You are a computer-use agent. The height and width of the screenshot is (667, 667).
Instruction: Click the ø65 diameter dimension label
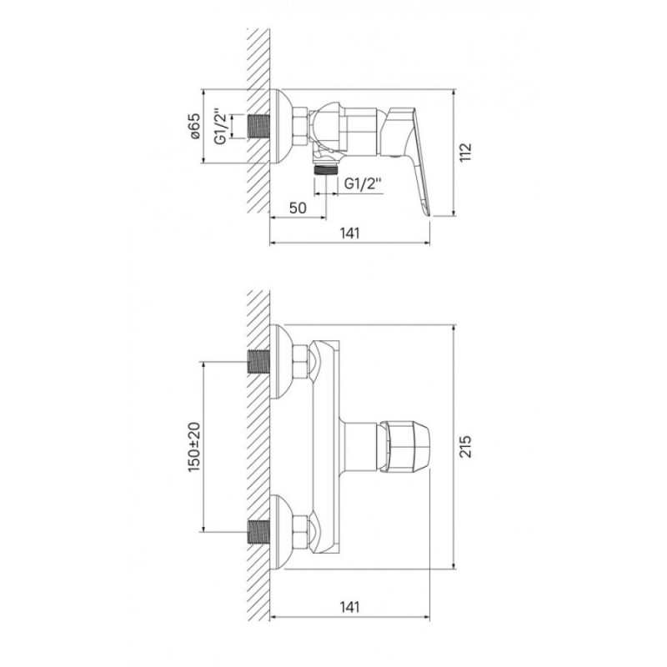point(195,126)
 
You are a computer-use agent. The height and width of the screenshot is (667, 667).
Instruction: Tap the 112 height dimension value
point(467,152)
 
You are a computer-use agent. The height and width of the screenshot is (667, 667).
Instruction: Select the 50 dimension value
point(298,208)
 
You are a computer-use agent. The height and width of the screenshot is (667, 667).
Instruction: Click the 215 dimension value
point(467,446)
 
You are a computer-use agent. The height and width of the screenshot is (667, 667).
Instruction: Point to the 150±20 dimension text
point(194,447)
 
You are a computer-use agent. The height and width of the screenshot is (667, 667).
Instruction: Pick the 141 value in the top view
point(349,233)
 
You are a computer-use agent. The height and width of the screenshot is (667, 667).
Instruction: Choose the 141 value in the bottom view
point(349,607)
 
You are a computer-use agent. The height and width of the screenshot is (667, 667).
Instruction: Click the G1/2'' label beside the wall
point(221,127)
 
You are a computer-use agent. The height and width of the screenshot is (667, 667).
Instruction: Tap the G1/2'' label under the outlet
point(363,183)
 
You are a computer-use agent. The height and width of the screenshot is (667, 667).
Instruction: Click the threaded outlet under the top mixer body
point(326,170)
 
